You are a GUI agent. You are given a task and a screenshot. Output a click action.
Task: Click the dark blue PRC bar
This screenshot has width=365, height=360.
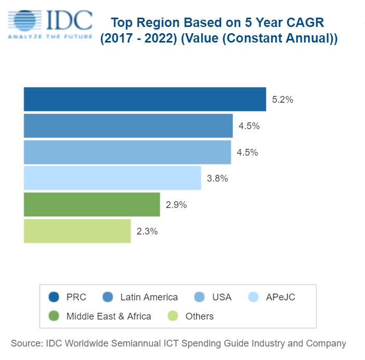pyautogui.click(x=144, y=99)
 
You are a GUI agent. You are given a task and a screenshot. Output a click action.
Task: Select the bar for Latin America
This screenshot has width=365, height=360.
pyautogui.click(x=128, y=126)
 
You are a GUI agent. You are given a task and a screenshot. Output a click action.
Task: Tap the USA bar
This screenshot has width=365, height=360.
pyautogui.click(x=127, y=152)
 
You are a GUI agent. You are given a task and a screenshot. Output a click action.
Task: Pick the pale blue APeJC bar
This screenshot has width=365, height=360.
pyautogui.click(x=112, y=178)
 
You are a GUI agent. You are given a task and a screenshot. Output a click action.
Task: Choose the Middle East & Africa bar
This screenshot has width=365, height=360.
pyautogui.click(x=91, y=204)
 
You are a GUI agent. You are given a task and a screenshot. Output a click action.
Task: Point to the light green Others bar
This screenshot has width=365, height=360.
pyautogui.click(x=77, y=231)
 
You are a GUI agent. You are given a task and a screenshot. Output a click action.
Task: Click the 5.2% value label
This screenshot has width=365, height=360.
pyautogui.click(x=282, y=100)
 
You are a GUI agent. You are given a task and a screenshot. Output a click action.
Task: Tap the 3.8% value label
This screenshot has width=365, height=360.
pyautogui.click(x=217, y=178)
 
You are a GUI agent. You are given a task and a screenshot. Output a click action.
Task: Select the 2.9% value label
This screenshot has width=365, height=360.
pyautogui.click(x=176, y=205)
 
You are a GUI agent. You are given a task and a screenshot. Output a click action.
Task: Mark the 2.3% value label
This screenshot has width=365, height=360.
pyautogui.click(x=147, y=231)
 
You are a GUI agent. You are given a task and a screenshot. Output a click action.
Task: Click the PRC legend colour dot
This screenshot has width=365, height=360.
pyautogui.click(x=53, y=297)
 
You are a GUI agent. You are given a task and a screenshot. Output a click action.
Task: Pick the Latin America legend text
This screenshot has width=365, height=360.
pyautogui.click(x=149, y=297)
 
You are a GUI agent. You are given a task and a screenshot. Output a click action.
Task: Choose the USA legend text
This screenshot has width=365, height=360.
pyautogui.click(x=222, y=297)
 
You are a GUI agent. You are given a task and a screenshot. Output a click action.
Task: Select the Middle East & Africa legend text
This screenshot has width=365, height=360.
pyautogui.click(x=109, y=316)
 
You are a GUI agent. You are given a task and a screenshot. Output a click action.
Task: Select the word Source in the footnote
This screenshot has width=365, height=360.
pyautogui.click(x=26, y=343)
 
